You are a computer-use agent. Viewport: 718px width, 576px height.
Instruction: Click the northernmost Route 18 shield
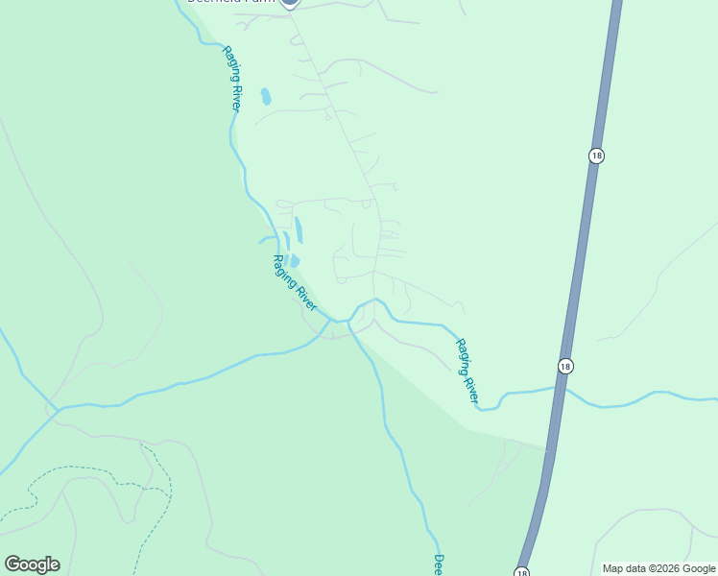click(x=596, y=156)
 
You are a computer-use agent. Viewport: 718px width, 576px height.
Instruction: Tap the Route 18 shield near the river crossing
click(x=565, y=366)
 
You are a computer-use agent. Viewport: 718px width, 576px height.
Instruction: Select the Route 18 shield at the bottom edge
click(x=522, y=569)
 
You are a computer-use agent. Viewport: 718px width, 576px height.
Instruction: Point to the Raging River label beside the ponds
click(x=295, y=282)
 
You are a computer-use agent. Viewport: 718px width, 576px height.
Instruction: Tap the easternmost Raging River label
click(x=467, y=369)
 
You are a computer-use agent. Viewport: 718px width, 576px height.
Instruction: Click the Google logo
click(x=32, y=564)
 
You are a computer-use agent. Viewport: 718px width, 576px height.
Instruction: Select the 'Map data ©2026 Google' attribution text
click(x=658, y=568)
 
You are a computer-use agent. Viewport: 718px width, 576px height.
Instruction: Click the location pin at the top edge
click(x=291, y=3)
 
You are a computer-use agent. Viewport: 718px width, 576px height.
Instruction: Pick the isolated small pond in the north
click(x=266, y=96)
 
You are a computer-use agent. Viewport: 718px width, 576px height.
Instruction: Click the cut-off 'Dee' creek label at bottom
click(x=438, y=564)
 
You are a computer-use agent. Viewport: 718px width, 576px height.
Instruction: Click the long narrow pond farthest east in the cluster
click(x=299, y=229)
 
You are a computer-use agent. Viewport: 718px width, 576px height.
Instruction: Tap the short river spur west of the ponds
click(x=267, y=239)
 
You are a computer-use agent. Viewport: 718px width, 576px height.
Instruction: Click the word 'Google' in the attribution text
click(x=694, y=568)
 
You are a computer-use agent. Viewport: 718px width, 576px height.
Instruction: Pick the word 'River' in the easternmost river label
click(x=470, y=386)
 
